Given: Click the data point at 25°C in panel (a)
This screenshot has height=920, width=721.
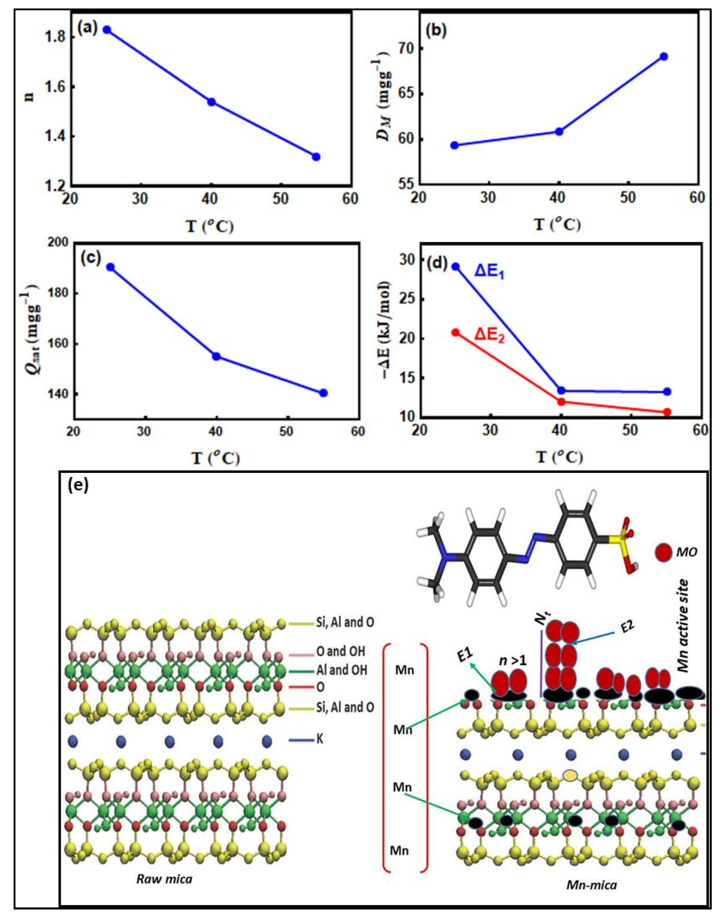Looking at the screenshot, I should pyautogui.click(x=107, y=30).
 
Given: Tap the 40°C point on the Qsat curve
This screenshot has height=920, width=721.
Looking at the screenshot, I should pyautogui.click(x=216, y=356).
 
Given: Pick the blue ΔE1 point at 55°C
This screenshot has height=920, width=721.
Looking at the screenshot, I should pyautogui.click(x=667, y=391).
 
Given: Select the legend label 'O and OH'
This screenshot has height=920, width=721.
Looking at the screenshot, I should pyautogui.click(x=340, y=651).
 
